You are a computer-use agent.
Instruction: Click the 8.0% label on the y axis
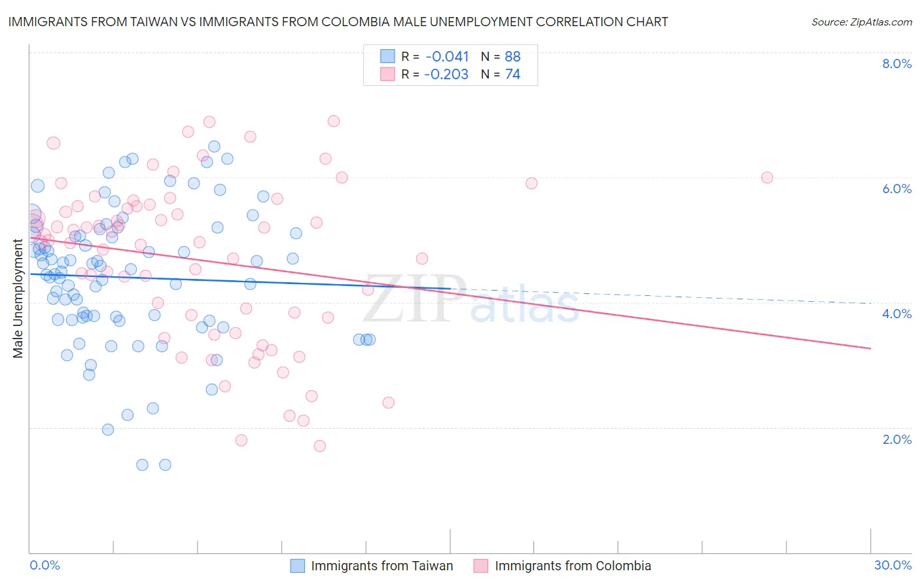click(896, 64)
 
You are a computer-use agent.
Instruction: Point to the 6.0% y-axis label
click(896, 189)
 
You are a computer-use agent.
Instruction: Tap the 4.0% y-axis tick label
click(896, 314)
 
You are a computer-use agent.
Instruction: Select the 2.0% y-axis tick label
click(896, 439)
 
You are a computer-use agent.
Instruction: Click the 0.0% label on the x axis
click(44, 565)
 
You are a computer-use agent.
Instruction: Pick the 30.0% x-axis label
click(893, 565)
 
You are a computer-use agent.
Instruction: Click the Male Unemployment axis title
click(18, 299)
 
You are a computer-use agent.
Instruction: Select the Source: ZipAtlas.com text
click(861, 22)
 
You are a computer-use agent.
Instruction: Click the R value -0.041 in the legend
click(446, 56)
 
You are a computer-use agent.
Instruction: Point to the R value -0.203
click(446, 74)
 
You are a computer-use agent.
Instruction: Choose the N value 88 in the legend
click(512, 56)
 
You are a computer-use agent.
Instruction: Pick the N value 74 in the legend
click(512, 74)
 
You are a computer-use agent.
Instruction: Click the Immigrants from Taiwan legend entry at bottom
click(381, 566)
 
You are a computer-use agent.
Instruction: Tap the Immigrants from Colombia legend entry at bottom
click(573, 566)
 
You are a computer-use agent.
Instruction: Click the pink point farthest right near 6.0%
click(767, 177)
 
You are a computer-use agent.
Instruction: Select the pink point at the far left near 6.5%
click(54, 143)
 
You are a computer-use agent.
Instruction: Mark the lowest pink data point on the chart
click(319, 446)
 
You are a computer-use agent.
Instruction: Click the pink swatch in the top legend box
click(387, 74)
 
